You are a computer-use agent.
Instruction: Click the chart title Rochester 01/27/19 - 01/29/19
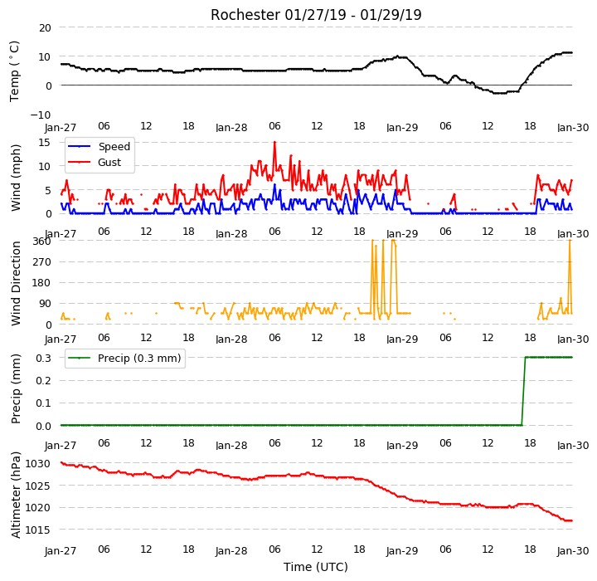coord(316,15)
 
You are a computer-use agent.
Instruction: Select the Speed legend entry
coord(99,146)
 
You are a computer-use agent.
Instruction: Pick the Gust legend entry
coord(95,162)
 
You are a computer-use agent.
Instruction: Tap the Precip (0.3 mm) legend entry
coord(124,358)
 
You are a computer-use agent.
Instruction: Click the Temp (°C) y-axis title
coord(14,71)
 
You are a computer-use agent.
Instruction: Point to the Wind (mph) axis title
coord(16,178)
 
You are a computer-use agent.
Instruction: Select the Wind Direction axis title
coord(16,283)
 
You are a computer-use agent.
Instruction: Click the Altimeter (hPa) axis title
coord(16,495)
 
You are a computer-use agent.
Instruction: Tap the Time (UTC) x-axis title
coord(316,567)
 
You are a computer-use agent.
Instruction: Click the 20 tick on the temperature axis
coord(45,28)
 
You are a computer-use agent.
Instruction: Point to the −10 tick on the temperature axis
coord(41,115)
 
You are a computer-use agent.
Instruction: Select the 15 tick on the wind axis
coord(45,143)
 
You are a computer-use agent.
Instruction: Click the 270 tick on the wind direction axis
coord(42,262)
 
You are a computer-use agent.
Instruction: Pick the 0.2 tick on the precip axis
coord(43,380)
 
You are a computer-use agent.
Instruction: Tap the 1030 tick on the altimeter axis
coord(37,464)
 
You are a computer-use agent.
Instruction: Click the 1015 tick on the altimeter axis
coord(37,530)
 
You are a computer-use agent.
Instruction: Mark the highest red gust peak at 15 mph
coord(274,143)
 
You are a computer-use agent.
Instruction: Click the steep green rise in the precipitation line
coord(523,391)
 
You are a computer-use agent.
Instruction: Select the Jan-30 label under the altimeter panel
coord(573,551)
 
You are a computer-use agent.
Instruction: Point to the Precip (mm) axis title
coord(16,389)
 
